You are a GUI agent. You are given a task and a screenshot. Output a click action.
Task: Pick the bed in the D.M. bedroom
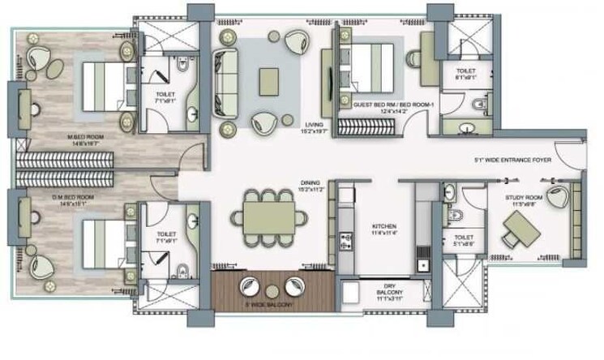[101, 235]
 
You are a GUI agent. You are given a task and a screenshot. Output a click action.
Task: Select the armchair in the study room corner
[557, 195]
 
